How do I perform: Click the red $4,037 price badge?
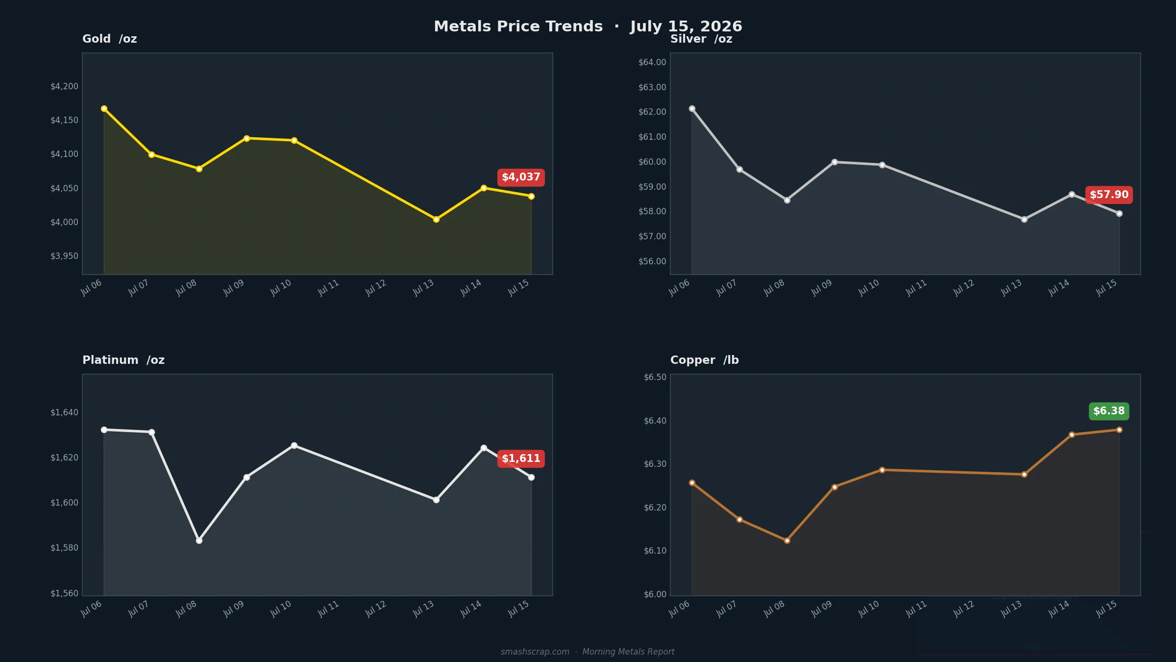point(521,178)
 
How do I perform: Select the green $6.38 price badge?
point(1109,411)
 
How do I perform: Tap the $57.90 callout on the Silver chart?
point(1109,195)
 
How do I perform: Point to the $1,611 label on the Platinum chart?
point(521,459)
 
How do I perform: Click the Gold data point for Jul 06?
point(104,109)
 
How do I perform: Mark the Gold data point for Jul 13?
point(436,220)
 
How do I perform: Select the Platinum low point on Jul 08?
point(199,541)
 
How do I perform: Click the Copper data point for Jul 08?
point(787,541)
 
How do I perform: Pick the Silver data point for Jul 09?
point(834,162)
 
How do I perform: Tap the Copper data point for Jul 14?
point(1072,435)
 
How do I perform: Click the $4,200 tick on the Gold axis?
point(64,87)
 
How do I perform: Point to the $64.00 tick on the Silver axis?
point(652,63)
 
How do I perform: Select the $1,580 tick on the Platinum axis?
point(64,548)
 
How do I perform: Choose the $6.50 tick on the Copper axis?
point(655,378)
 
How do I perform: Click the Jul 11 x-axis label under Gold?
point(328,288)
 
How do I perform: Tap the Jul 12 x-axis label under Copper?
point(963,609)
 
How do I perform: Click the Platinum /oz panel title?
point(123,360)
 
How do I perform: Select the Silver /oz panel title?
point(701,39)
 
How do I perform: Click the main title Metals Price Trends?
point(518,26)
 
